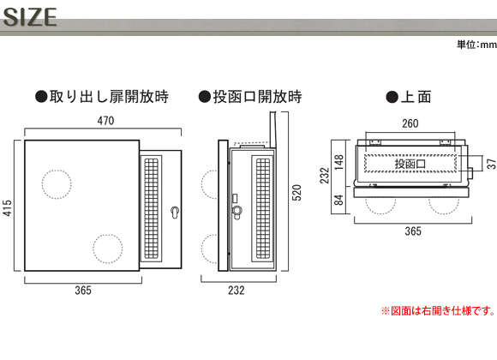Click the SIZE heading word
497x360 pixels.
coord(30,17)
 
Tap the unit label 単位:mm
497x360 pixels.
coord(476,45)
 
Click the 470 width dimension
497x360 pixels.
coord(105,121)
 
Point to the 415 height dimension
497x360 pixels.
coord(8,207)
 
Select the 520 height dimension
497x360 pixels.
coord(296,192)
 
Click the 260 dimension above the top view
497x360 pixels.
coord(410,123)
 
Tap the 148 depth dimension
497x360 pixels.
coord(338,162)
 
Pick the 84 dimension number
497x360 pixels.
coord(338,200)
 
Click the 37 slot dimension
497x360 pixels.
coord(492,164)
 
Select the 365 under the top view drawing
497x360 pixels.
coord(413,231)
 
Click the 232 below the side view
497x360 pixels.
coord(237,290)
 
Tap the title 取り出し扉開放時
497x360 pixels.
coord(102,96)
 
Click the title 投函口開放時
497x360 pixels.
coord(250,96)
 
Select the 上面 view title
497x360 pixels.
coord(409,97)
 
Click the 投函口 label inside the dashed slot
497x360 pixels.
coord(410,164)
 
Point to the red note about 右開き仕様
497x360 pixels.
coord(439,310)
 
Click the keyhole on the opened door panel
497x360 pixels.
coord(175,212)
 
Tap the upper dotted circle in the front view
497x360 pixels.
coord(57,171)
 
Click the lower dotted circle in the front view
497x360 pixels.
coord(108,235)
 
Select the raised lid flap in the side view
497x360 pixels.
coord(272,129)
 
